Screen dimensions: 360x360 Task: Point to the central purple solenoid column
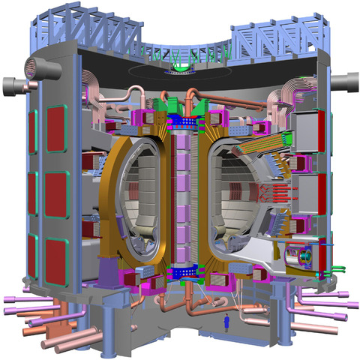pyautogui.click(x=180, y=195)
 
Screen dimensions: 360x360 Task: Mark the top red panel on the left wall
pyautogui.click(x=56, y=128)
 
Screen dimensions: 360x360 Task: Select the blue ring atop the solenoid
pyautogui.click(x=180, y=119)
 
